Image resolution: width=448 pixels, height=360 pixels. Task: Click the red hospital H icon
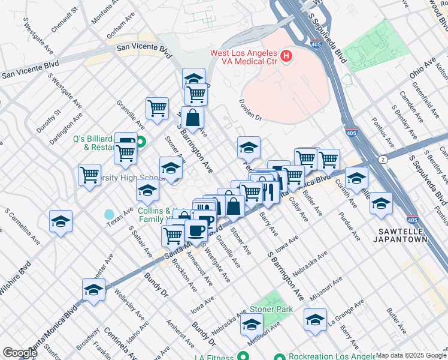point(287,57)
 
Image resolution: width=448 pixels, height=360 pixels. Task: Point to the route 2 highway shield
point(382,159)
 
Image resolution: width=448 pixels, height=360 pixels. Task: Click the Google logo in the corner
point(20,353)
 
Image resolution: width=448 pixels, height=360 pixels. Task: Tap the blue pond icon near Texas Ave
point(109,214)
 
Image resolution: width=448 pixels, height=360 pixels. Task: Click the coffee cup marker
point(195,229)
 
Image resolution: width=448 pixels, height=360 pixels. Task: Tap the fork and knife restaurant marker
point(268,192)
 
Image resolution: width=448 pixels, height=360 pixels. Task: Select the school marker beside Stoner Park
point(252,325)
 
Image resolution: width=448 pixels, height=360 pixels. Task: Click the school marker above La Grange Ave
point(315,320)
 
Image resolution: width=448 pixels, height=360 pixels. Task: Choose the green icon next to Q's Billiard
point(141,142)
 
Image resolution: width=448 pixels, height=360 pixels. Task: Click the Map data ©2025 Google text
point(411,355)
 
